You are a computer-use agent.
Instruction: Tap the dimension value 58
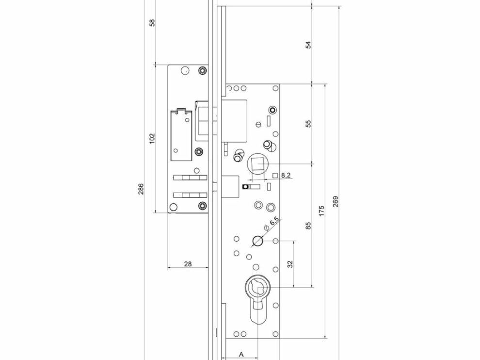pyautogui.click(x=152, y=23)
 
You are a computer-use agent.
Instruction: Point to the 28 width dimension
pyautogui.click(x=189, y=264)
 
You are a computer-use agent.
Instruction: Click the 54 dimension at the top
pyautogui.click(x=308, y=45)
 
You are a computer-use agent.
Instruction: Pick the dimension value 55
pyautogui.click(x=308, y=123)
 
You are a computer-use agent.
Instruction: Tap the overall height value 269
pyautogui.click(x=336, y=201)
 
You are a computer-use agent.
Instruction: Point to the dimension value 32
pyautogui.click(x=290, y=264)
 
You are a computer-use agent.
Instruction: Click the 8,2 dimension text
pyautogui.click(x=286, y=175)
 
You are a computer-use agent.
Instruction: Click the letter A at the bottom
pyautogui.click(x=241, y=354)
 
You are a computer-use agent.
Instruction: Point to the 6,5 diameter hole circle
pyautogui.click(x=256, y=240)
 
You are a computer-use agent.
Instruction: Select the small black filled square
pyautogui.click(x=245, y=186)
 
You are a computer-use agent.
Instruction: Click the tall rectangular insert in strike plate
pyautogui.click(x=180, y=134)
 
